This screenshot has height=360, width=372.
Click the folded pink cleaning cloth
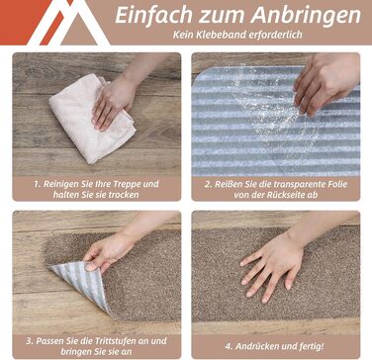(x=92, y=118)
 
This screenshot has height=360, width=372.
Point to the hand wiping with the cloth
(x=113, y=102)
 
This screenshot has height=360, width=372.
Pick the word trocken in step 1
(x=124, y=195)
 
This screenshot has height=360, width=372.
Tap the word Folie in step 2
(x=337, y=184)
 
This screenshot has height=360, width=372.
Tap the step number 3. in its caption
(x=30, y=340)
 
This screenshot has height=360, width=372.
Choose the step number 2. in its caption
(x=208, y=184)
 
